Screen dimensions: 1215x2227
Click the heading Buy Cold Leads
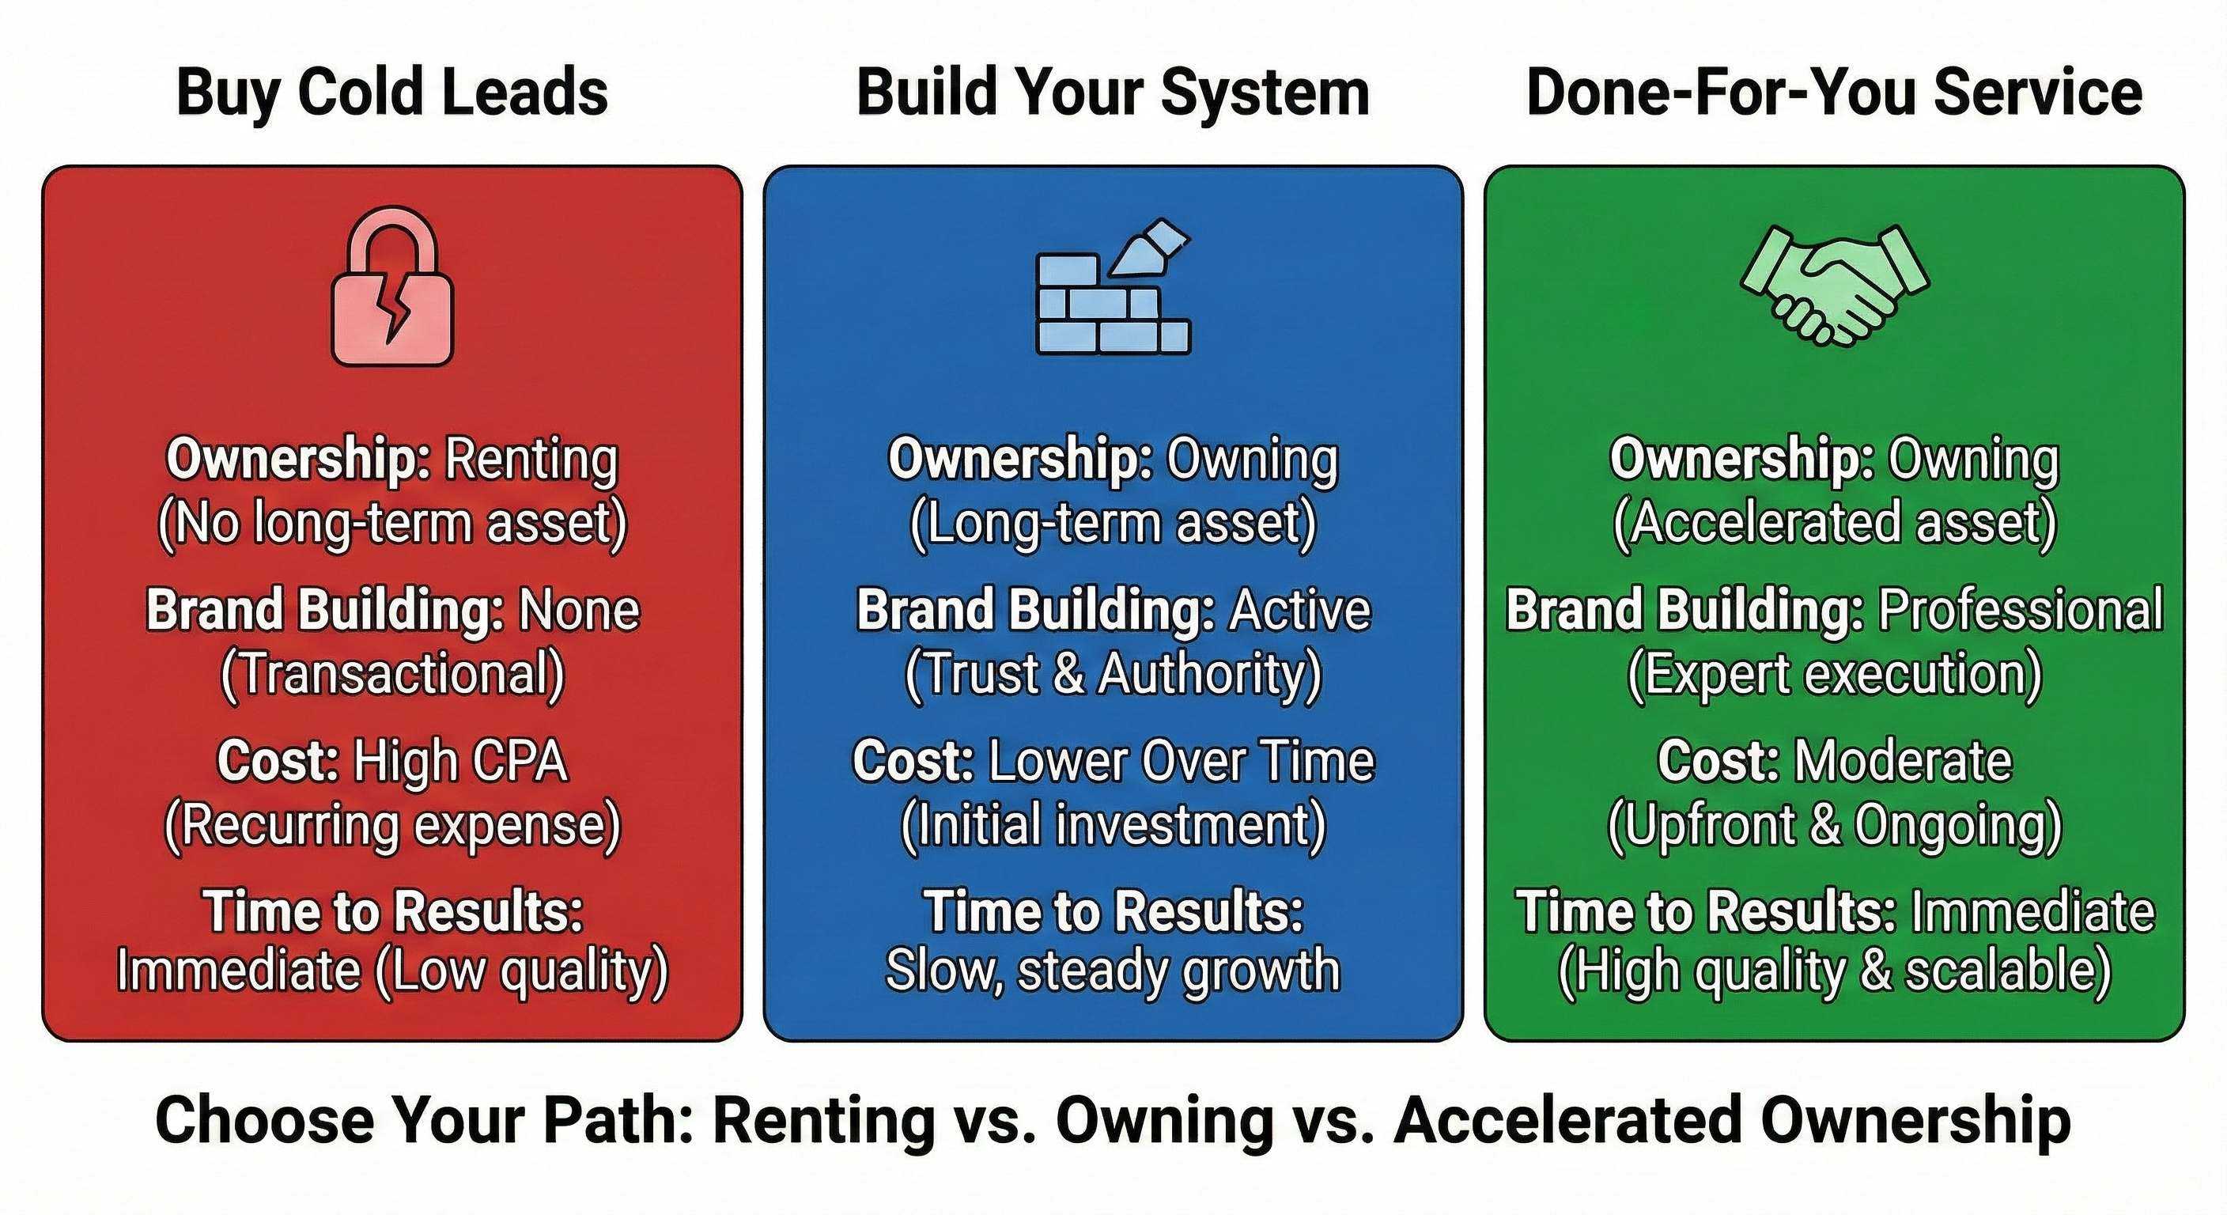[391, 93]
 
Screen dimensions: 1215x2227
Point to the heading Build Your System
[1113, 93]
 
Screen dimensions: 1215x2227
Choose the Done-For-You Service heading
[1834, 93]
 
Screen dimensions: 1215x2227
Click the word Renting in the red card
[531, 460]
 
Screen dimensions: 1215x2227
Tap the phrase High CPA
[460, 761]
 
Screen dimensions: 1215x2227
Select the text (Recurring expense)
[391, 825]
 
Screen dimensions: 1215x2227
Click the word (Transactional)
[391, 674]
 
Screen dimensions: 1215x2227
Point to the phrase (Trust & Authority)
[1113, 674]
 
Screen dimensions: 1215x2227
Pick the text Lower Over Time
[1180, 761]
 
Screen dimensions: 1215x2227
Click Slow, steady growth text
[1113, 971]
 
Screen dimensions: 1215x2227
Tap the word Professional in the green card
[2021, 610]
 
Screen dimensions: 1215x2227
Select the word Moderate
[1903, 761]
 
